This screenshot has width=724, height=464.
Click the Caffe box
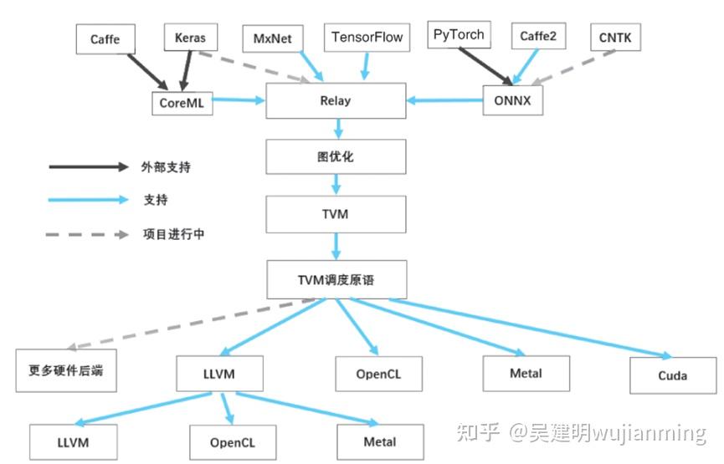click(105, 39)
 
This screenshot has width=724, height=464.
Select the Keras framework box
click(190, 38)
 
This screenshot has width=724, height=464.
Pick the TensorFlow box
click(367, 38)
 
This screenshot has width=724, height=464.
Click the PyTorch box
click(459, 36)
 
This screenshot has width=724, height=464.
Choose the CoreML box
click(182, 103)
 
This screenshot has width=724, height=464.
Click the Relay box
click(336, 101)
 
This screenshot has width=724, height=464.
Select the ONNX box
click(513, 101)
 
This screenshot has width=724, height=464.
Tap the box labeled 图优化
click(336, 156)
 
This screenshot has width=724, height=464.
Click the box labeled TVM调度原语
click(336, 279)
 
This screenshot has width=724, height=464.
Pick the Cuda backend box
click(672, 375)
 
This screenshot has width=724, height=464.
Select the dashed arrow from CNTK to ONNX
click(578, 68)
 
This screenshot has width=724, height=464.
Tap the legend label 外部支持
click(166, 167)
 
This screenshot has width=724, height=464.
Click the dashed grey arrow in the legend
click(88, 235)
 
